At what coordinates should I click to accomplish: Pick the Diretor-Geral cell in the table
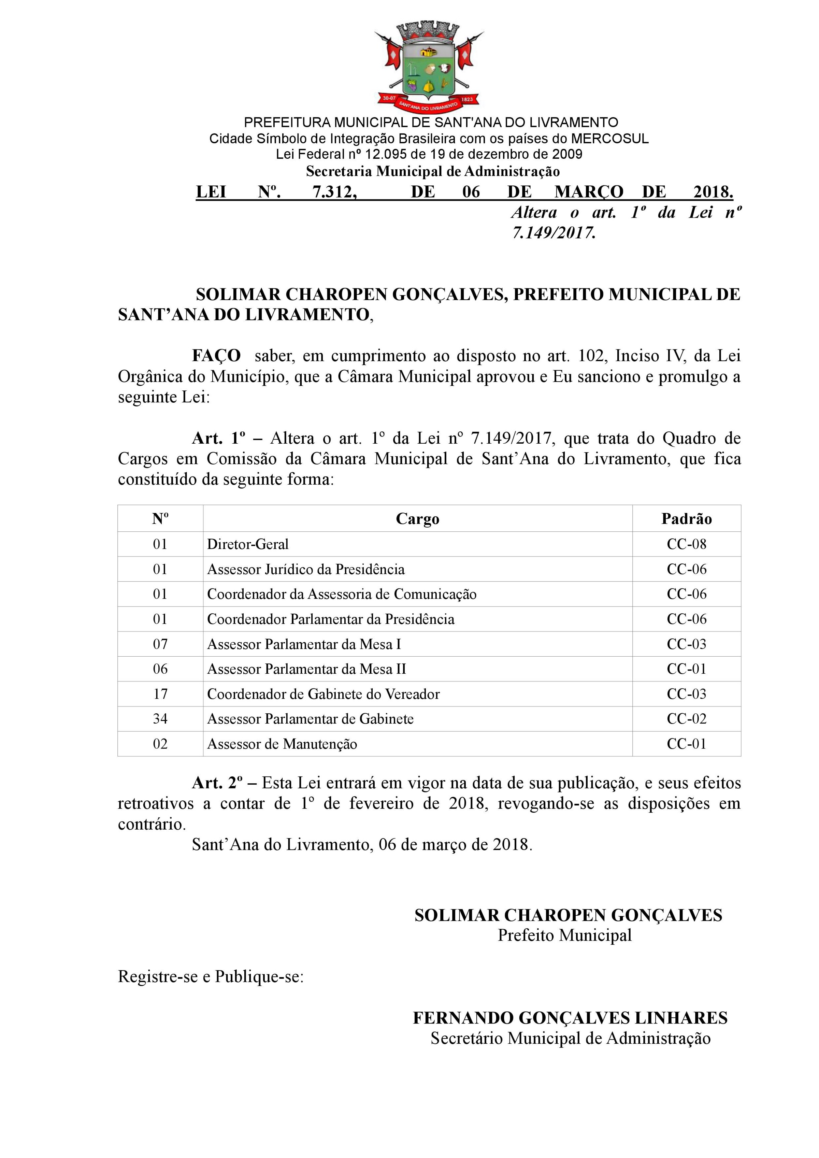(248, 544)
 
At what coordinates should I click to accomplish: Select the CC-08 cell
(686, 544)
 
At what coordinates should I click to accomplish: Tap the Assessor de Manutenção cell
(282, 744)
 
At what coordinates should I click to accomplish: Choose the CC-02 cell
(686, 719)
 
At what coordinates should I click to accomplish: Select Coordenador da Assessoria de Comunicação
(341, 594)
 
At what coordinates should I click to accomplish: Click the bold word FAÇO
(216, 356)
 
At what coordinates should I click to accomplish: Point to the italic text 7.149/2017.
(554, 233)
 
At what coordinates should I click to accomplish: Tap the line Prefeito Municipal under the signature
(564, 935)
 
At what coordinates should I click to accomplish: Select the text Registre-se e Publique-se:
(211, 976)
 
